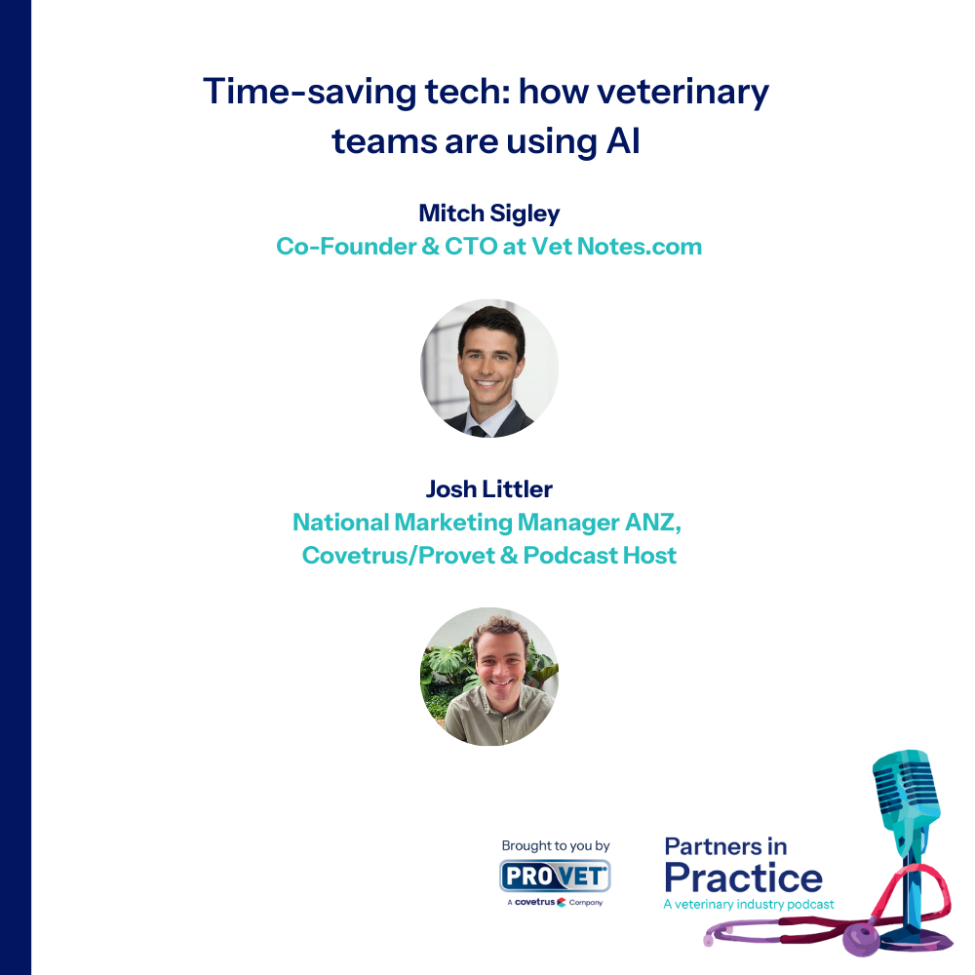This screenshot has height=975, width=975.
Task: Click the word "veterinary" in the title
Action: (682, 92)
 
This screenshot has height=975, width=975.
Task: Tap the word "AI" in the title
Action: (623, 141)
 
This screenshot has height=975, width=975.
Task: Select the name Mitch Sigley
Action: (488, 214)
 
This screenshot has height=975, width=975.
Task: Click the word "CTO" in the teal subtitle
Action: (471, 247)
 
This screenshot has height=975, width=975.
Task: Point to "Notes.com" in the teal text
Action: (640, 247)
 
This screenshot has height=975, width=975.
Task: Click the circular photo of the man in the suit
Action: (489, 369)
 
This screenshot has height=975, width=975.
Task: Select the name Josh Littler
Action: (488, 489)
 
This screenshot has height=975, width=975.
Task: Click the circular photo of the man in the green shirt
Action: (489, 677)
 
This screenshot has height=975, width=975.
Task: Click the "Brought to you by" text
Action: (556, 845)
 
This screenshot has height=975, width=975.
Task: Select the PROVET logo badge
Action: (555, 876)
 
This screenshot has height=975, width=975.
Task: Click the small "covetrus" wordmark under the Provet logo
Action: (534, 902)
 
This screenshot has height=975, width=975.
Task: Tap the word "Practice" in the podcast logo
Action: (743, 878)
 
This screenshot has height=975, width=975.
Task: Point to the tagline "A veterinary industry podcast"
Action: (749, 904)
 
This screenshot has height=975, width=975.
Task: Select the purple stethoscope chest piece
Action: (861, 938)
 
